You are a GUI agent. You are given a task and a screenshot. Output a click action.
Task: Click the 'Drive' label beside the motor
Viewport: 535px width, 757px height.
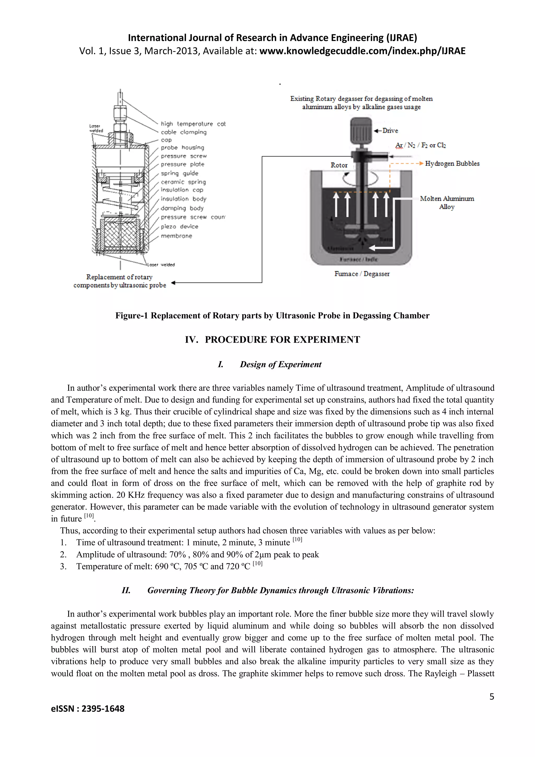click(390, 131)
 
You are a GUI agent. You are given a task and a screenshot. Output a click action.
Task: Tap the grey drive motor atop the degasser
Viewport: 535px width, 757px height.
click(361, 131)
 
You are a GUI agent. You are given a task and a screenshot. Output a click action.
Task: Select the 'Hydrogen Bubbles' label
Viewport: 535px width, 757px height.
click(452, 164)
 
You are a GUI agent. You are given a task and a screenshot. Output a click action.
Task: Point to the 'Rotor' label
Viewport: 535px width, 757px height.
click(339, 165)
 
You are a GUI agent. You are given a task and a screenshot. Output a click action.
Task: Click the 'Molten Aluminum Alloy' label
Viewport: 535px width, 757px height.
click(447, 203)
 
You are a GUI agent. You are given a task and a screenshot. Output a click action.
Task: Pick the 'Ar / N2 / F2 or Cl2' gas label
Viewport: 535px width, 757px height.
click(420, 145)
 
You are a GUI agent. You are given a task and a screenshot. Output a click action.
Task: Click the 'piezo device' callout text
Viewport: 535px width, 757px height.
click(180, 227)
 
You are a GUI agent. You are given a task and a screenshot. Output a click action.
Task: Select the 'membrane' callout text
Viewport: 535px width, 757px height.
click(176, 236)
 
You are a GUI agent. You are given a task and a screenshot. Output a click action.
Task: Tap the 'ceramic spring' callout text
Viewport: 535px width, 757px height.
click(183, 182)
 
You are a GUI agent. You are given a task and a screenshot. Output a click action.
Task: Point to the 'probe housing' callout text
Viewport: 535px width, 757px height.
click(182, 147)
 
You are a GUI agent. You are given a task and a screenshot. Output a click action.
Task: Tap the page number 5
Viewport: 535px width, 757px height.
click(491, 696)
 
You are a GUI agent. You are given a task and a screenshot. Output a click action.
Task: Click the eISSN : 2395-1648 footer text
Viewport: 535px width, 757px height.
click(88, 709)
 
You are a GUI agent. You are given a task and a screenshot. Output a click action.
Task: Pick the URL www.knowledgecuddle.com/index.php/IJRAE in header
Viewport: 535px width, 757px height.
click(362, 51)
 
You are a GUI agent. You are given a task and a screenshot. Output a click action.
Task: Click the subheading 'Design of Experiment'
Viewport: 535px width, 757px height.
click(280, 364)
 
